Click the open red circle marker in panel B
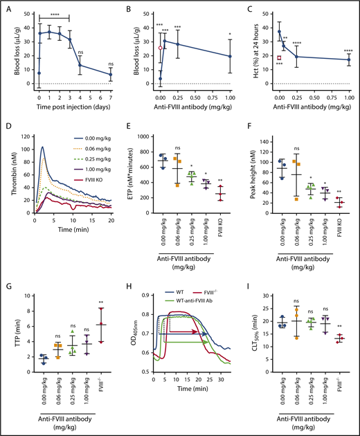coord(161,48)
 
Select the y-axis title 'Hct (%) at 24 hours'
coord(251,48)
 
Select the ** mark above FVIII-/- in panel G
coord(102,302)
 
